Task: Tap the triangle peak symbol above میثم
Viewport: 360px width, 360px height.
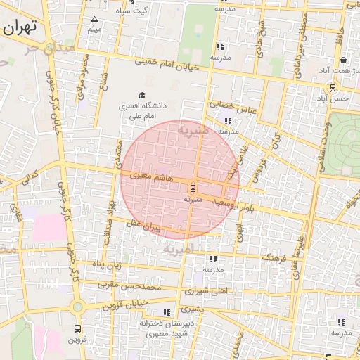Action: click(x=95, y=19)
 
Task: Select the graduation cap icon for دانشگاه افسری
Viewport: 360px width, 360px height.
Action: click(x=143, y=95)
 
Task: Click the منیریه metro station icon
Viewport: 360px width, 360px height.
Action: click(x=193, y=188)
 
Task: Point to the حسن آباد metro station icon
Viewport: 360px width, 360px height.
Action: click(x=332, y=88)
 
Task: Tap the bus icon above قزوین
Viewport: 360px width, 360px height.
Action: click(x=77, y=328)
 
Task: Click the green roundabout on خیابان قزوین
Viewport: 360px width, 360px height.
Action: click(x=77, y=307)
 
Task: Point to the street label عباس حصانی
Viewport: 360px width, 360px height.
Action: click(x=225, y=104)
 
